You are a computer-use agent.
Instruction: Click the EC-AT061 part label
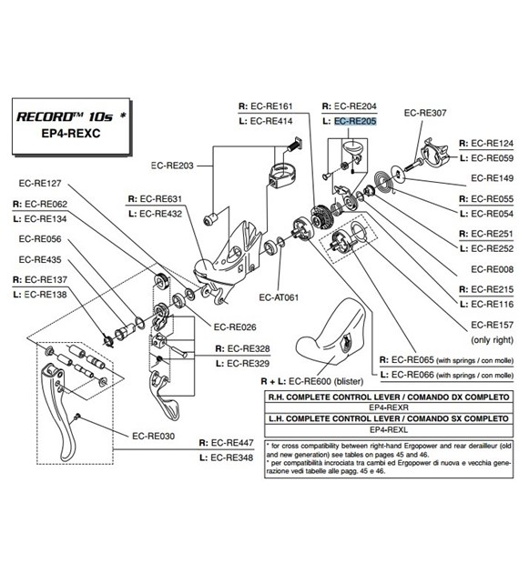[x=280, y=297]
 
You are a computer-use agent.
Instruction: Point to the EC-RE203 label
[x=173, y=166]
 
